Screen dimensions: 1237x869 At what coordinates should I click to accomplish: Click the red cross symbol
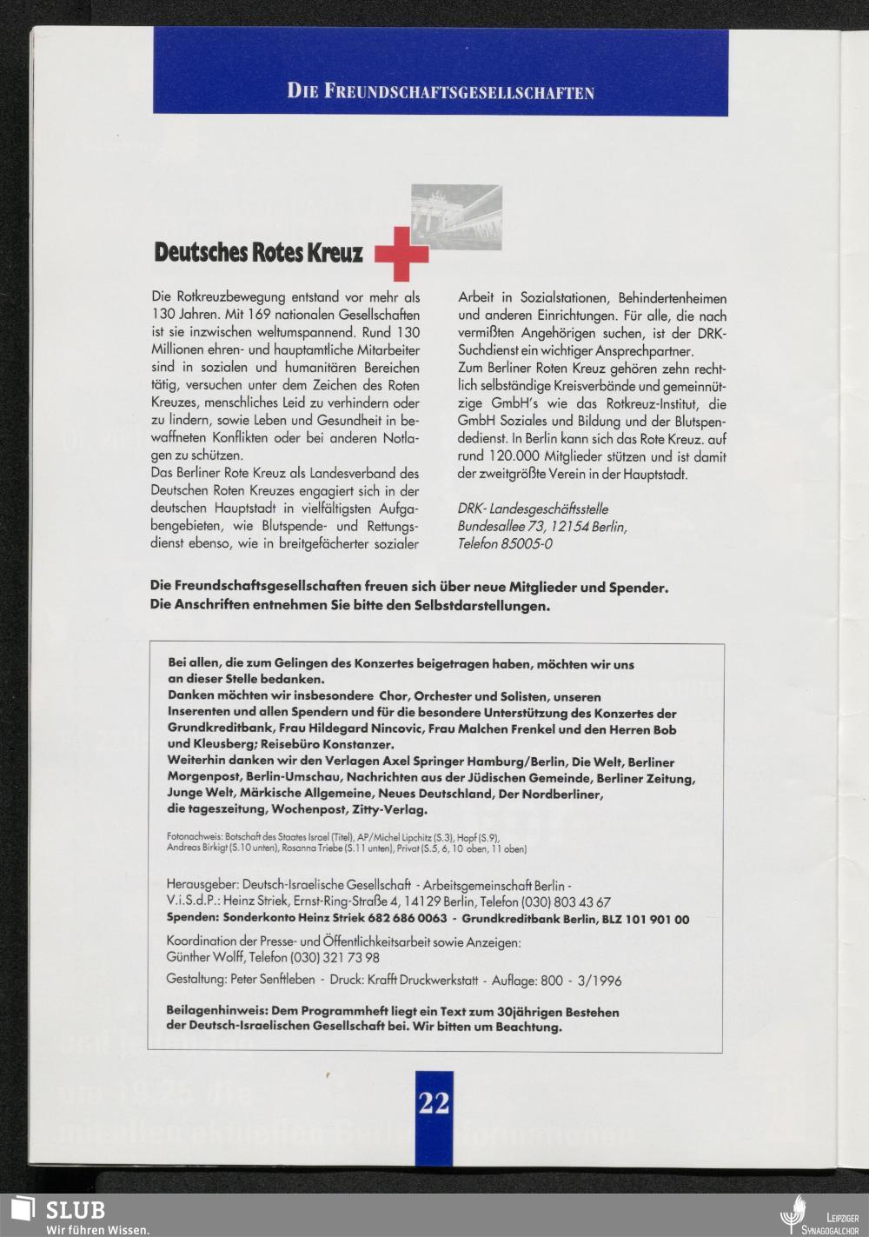coord(401,253)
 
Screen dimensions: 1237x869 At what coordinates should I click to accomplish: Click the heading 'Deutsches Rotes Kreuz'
coord(258,252)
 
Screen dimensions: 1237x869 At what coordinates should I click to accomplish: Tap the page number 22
coord(434,1102)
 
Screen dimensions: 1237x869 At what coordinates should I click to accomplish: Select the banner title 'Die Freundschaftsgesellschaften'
coord(441,91)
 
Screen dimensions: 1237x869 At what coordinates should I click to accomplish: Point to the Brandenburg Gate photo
coord(456,216)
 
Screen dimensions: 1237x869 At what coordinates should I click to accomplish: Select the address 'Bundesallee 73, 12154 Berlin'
coord(542,527)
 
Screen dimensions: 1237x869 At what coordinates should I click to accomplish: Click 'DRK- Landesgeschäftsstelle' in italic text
coord(533,509)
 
